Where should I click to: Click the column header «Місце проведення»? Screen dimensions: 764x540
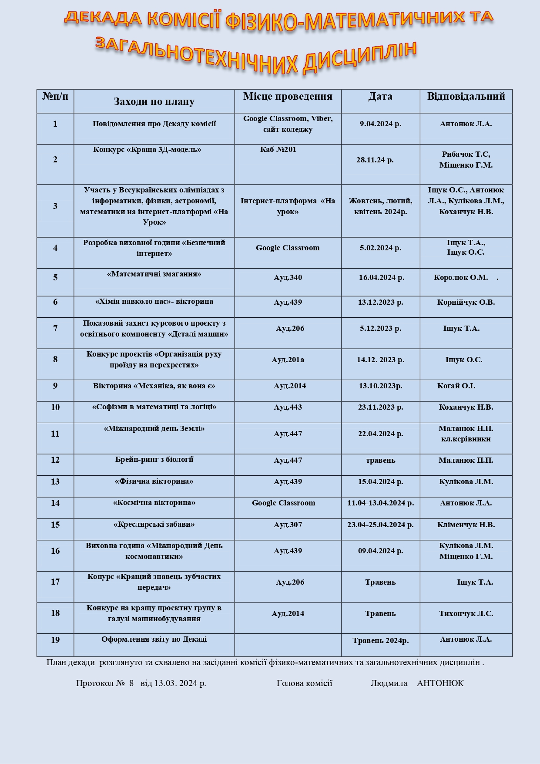tap(288, 96)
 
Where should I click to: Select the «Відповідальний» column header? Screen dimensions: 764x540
tap(466, 96)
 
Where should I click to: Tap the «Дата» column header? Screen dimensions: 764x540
tap(380, 96)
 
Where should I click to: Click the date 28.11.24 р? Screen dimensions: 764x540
tap(375, 160)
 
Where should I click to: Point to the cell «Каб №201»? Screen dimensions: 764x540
tap(278, 149)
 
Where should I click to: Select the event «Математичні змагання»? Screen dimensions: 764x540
tap(154, 274)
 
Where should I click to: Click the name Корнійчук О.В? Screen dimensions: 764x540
tap(466, 302)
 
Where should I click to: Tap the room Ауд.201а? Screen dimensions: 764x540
tap(288, 360)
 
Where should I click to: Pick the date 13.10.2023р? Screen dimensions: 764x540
tap(380, 386)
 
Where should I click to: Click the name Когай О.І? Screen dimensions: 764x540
tap(456, 386)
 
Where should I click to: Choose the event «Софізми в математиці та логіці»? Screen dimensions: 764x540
tap(154, 407)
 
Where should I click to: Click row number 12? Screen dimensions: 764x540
tap(55, 460)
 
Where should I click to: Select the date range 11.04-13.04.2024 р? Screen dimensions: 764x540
tap(380, 503)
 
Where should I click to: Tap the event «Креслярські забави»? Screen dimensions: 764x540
tap(154, 524)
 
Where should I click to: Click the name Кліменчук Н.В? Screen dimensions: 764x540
tap(466, 525)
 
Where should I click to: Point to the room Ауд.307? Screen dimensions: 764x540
tap(288, 525)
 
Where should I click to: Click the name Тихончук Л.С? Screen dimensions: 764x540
tap(466, 613)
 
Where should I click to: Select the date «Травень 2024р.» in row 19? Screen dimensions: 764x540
tap(380, 640)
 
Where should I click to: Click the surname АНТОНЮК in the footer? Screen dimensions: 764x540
tap(440, 683)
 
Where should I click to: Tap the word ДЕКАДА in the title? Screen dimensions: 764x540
tap(103, 18)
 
